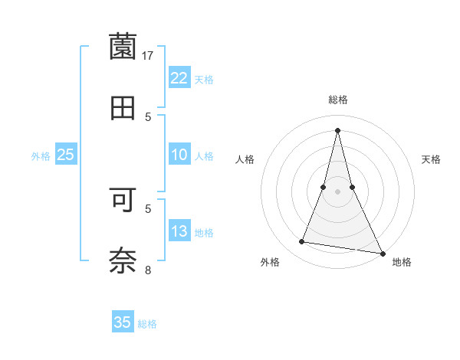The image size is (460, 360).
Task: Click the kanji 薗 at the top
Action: pyautogui.click(x=123, y=47)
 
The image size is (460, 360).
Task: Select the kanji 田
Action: pyautogui.click(x=123, y=107)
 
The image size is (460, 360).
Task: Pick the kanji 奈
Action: pyautogui.click(x=123, y=260)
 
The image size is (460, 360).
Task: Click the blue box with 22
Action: pyautogui.click(x=179, y=78)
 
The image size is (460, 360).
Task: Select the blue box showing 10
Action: pyautogui.click(x=179, y=155)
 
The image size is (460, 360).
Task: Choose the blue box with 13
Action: pyautogui.click(x=179, y=232)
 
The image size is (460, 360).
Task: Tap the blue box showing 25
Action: pyautogui.click(x=66, y=155)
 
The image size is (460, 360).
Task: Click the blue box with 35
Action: pyautogui.click(x=123, y=322)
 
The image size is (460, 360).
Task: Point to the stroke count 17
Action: pyautogui.click(x=148, y=56)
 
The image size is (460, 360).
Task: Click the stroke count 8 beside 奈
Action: pyautogui.click(x=149, y=270)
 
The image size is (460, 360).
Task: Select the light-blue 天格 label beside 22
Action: pyautogui.click(x=204, y=79)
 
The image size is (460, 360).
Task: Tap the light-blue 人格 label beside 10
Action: pyautogui.click(x=204, y=156)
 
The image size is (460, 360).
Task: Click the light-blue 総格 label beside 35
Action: pyautogui.click(x=147, y=324)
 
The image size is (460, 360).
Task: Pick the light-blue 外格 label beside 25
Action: pyautogui.click(x=41, y=156)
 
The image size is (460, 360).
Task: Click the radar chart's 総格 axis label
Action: pyautogui.click(x=338, y=100)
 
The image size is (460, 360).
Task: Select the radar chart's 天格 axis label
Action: pyautogui.click(x=432, y=159)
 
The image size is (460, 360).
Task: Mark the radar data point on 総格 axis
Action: pyautogui.click(x=338, y=129)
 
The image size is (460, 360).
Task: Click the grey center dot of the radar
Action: pyautogui.click(x=338, y=191)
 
